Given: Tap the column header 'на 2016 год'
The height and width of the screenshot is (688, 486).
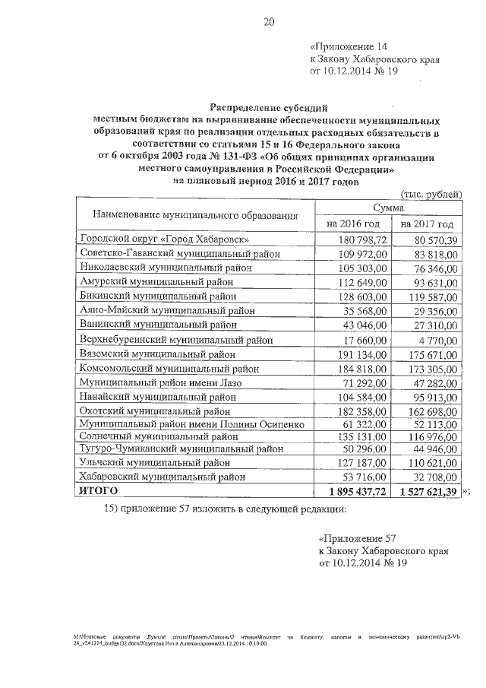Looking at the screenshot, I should click(x=352, y=224).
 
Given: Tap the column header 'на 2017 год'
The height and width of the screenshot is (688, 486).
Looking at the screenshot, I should click(x=428, y=224).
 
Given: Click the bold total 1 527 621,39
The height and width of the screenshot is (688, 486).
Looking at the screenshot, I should click(x=426, y=493).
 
